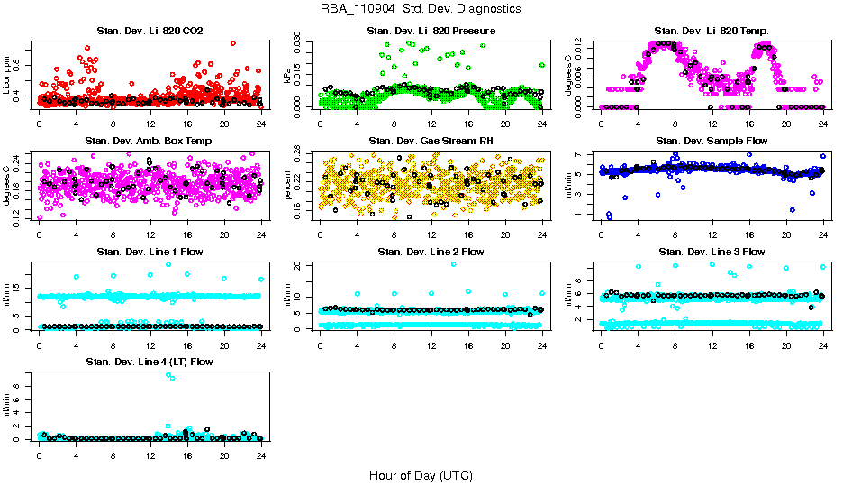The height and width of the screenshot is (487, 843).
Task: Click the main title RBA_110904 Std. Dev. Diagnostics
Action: click(x=421, y=9)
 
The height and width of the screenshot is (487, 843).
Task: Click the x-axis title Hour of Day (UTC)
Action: click(x=421, y=475)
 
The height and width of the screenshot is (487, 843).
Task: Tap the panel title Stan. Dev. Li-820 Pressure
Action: click(x=431, y=32)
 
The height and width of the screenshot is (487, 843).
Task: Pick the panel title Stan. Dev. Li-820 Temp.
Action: click(x=712, y=32)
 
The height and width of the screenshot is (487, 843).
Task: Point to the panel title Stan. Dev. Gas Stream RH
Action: click(x=431, y=142)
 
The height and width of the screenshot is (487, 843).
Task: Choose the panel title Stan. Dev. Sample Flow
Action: click(x=712, y=142)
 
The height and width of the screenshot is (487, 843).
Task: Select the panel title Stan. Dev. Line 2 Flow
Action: click(x=431, y=252)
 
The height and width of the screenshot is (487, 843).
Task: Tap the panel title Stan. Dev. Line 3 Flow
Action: click(x=712, y=252)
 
